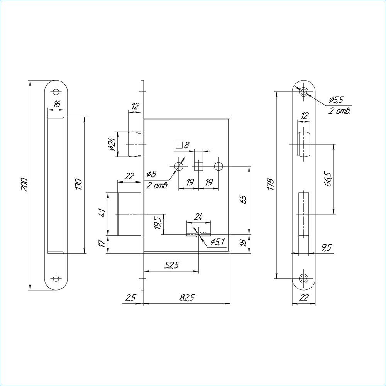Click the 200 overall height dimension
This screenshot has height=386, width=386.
[24, 185]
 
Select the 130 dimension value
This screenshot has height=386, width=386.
[78, 185]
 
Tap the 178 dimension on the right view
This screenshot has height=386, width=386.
[271, 185]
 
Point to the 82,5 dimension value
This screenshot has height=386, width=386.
[187, 298]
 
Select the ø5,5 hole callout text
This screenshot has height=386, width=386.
[336, 100]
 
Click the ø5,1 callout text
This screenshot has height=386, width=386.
[218, 242]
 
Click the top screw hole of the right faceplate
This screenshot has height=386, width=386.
[304, 92]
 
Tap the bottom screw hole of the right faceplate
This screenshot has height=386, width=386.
[304, 278]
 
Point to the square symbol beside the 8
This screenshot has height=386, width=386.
[179, 146]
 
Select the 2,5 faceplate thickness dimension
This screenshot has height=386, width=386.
[130, 298]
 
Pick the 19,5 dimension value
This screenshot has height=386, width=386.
[157, 223]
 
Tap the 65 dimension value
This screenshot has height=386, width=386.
[243, 199]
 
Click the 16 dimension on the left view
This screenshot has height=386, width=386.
[56, 104]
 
